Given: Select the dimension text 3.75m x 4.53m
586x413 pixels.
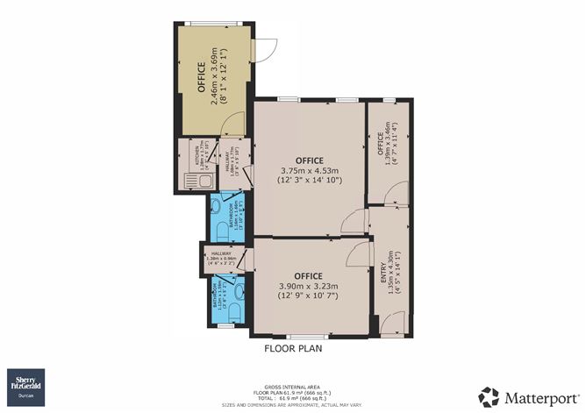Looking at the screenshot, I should pos(309,170).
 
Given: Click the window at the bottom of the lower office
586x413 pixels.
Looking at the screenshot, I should pos(304,336).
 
